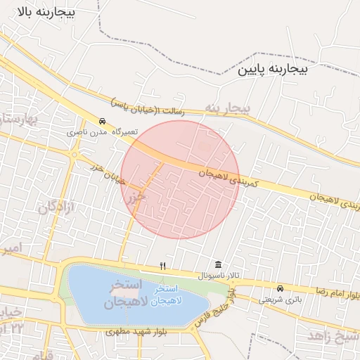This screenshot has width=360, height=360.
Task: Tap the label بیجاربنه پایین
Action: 282,70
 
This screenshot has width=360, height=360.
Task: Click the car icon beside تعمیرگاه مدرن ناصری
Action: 103,122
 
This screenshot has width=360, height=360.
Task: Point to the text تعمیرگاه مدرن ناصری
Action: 103,131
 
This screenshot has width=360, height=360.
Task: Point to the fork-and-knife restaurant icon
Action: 163,266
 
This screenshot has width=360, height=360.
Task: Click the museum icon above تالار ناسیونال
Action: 218,265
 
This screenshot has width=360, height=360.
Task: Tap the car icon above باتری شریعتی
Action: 281,288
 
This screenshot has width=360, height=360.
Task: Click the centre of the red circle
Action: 180,179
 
